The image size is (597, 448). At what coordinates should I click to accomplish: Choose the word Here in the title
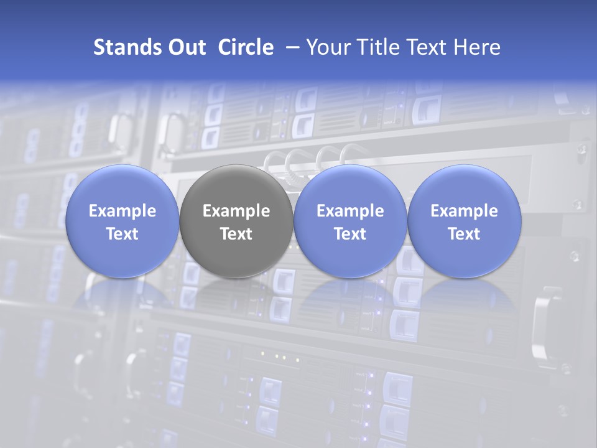click(478, 47)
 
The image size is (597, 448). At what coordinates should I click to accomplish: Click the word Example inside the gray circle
click(236, 211)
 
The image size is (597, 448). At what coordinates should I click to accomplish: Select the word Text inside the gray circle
click(236, 234)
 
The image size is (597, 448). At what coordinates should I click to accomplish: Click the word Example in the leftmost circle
click(123, 211)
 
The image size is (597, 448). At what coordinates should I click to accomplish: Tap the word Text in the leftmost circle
click(123, 234)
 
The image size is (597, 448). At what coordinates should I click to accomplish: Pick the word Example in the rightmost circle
click(464, 211)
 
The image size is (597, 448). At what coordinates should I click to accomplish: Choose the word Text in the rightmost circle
click(464, 234)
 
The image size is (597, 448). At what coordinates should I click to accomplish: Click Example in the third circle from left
click(350, 211)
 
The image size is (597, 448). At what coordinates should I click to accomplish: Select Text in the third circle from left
click(350, 234)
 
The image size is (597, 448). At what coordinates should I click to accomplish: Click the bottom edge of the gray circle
click(236, 276)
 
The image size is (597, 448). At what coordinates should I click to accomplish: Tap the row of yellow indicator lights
click(280, 357)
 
